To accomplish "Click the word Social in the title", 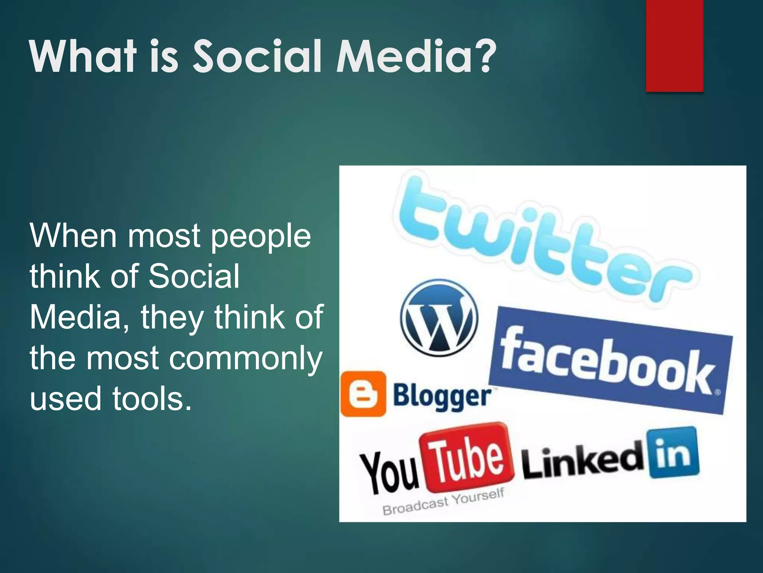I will tap(257, 57).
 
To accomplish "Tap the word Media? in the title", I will tap(416, 57).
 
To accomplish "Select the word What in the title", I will tap(83, 57).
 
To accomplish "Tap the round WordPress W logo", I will tap(439, 317).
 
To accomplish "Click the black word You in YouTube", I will tap(389, 472).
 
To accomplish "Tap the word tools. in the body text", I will tap(152, 398).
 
